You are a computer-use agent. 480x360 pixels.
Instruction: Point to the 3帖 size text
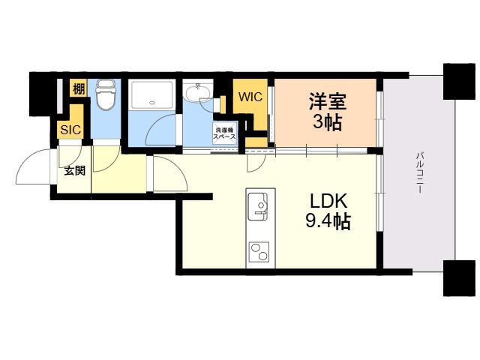point(326,122)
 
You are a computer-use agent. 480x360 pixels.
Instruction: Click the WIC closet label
point(250,97)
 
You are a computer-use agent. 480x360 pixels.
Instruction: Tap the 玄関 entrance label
point(73,170)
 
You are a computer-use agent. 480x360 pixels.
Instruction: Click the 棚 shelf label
point(77,89)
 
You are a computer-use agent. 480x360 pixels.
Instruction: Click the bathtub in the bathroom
point(152,95)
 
